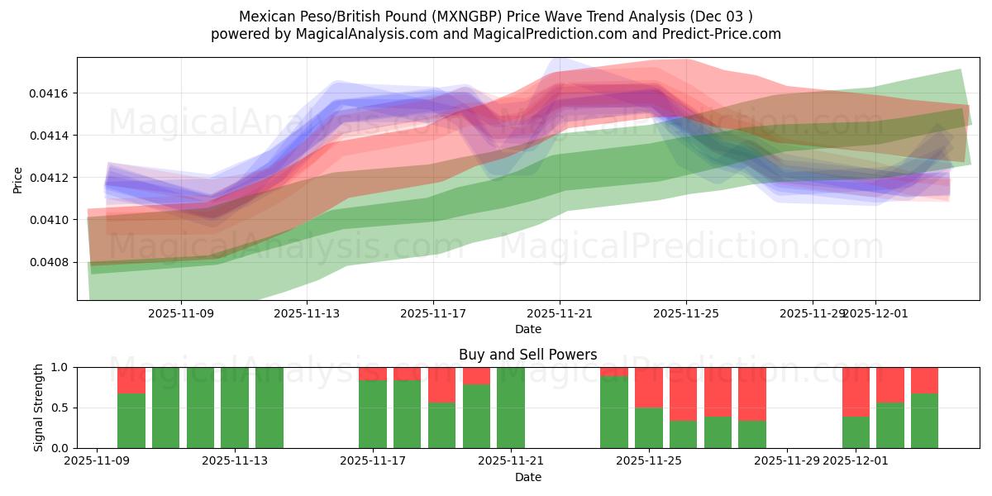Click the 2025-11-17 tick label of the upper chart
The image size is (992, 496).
(x=433, y=313)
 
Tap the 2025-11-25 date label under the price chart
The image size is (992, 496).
(x=685, y=313)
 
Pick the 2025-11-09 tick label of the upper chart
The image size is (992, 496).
(x=181, y=313)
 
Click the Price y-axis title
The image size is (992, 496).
(x=18, y=179)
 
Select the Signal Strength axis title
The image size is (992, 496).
(x=38, y=407)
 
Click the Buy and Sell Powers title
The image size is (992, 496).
(x=528, y=355)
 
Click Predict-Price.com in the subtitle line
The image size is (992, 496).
(x=718, y=34)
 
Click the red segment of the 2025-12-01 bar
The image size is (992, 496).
(x=856, y=391)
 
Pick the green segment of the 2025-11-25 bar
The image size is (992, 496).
(x=649, y=428)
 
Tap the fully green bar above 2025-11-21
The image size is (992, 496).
(x=511, y=408)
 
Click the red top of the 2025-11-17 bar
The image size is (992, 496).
(x=373, y=373)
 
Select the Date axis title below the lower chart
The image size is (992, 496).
(x=528, y=477)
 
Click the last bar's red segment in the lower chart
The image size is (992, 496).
(x=924, y=379)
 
